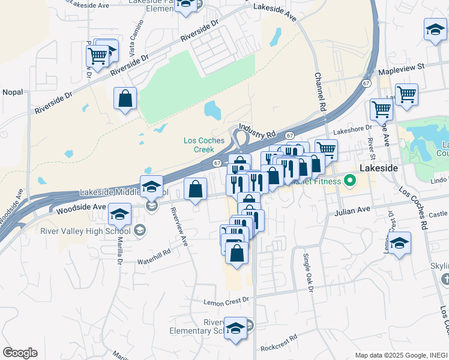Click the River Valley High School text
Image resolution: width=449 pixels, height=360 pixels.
[85, 230]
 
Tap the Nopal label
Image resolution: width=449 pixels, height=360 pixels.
[13, 92]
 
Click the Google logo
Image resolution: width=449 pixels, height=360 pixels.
[20, 352]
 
